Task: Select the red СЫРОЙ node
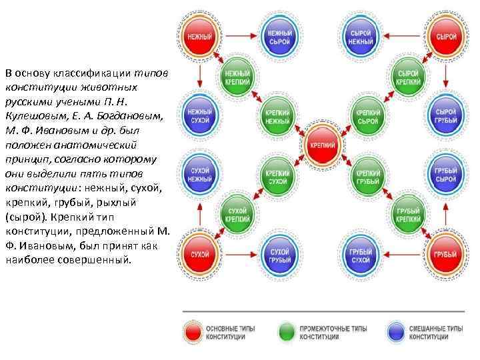click(446, 37)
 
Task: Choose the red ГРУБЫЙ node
click(446, 255)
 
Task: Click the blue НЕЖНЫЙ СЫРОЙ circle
click(279, 37)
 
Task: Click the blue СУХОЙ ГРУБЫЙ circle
click(279, 255)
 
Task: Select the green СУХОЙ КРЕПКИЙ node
click(237, 214)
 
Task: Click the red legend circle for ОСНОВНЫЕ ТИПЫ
click(194, 332)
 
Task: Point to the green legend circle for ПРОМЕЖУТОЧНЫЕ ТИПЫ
click(287, 332)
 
